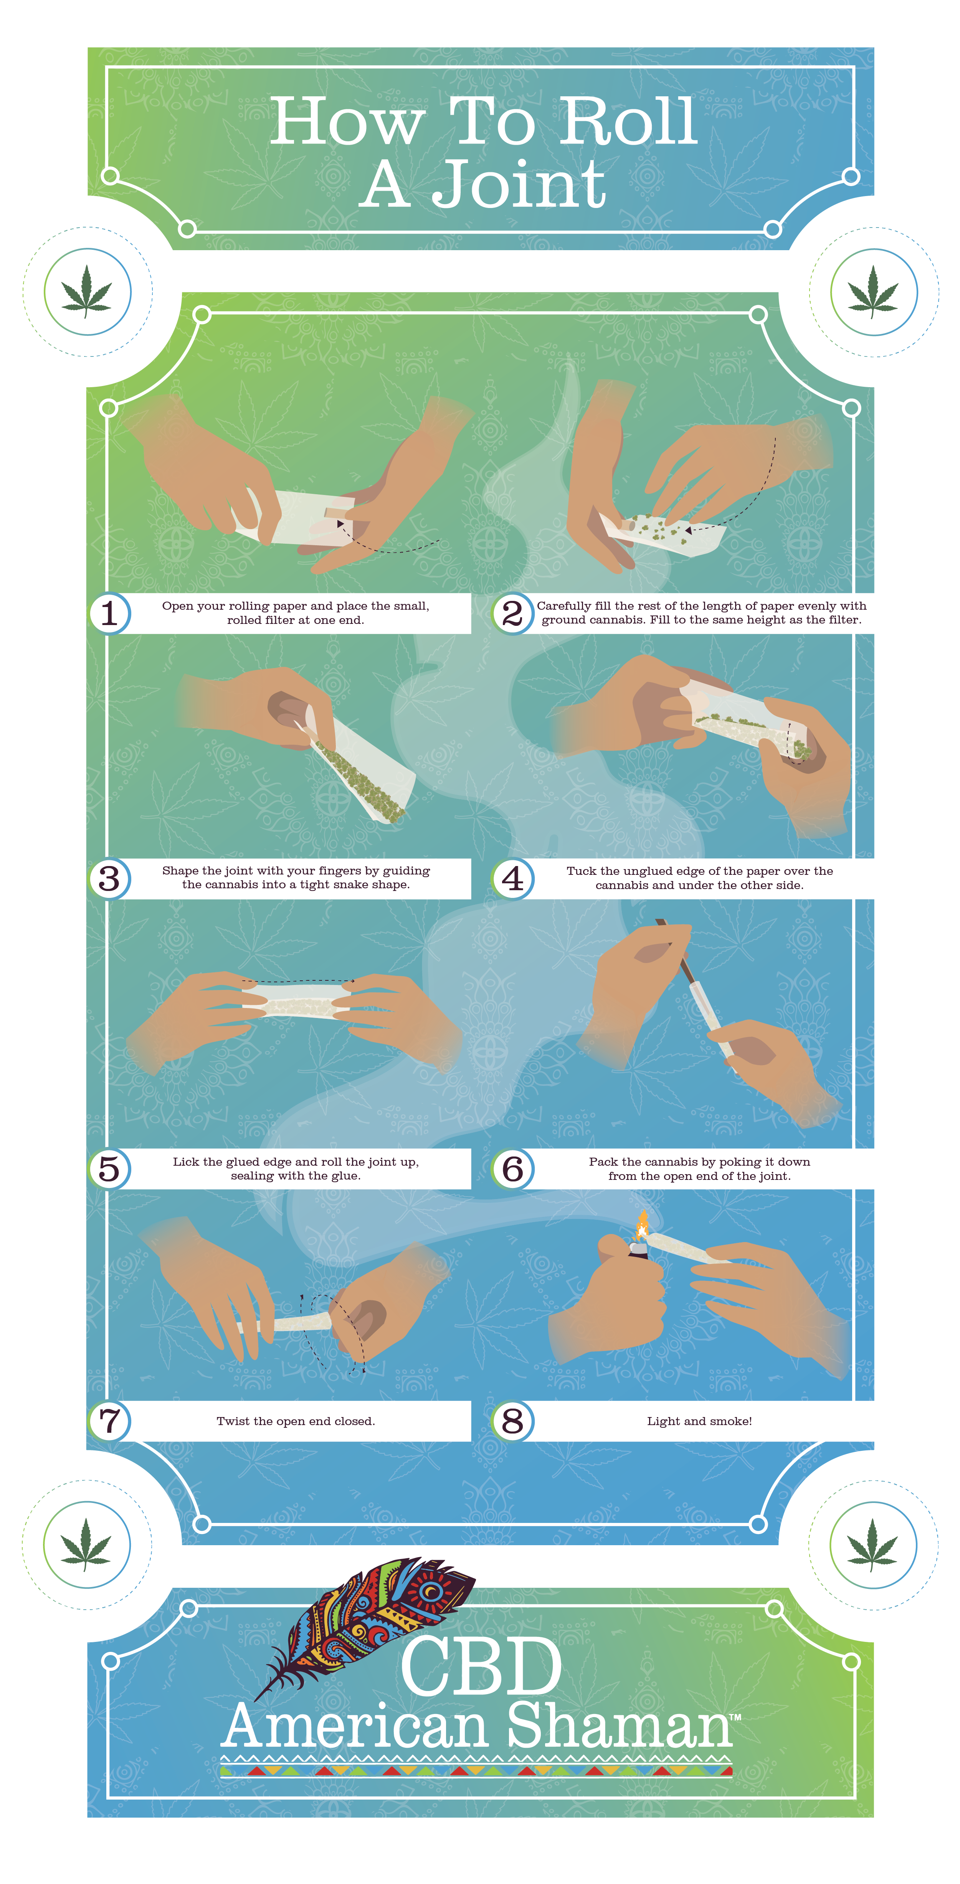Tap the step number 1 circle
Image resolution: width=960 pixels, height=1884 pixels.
(110, 613)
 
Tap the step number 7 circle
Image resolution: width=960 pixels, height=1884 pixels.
(110, 1421)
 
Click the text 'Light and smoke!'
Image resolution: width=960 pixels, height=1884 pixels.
(699, 1421)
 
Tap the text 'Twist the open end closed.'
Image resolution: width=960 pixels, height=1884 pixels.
(296, 1421)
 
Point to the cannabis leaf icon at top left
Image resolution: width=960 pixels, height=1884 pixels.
(87, 291)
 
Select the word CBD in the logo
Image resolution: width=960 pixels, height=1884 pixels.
(481, 1668)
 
